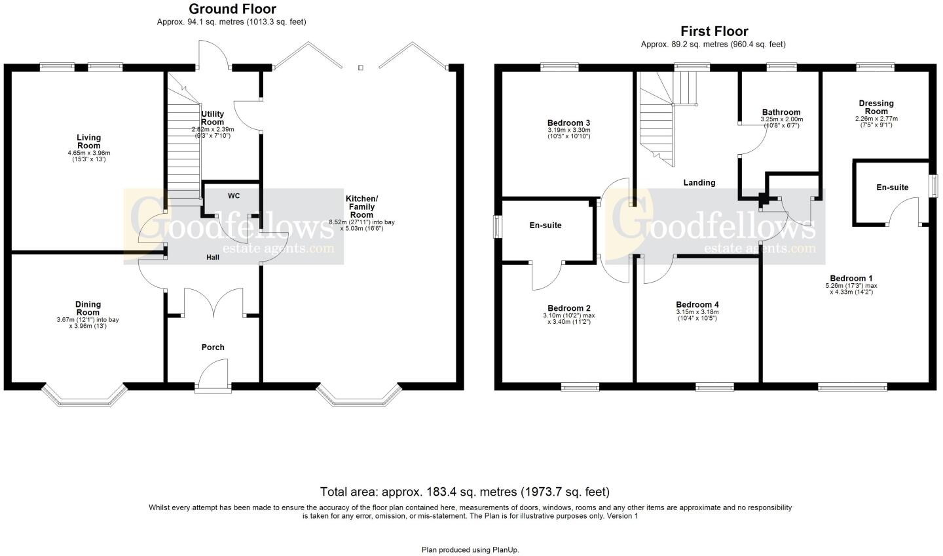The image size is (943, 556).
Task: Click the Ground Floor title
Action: pos(232,9)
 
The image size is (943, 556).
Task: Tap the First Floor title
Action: pos(714,31)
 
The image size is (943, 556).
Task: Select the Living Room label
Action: pos(88,142)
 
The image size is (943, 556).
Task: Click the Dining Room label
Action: pos(88,308)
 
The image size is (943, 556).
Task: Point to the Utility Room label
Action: pos(213,118)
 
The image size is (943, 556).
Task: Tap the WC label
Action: pos(234,196)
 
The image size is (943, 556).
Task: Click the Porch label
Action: pos(212,347)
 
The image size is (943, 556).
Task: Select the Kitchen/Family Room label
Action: pos(361,207)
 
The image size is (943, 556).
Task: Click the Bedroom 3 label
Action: pos(568,123)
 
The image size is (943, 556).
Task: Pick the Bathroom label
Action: pos(781,113)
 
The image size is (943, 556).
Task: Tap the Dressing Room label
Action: pos(876,108)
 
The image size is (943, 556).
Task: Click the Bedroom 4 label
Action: pos(697,305)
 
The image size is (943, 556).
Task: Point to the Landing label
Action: pos(699,183)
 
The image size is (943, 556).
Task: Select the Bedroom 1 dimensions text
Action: pos(851,289)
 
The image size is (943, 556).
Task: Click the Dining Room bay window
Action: pos(84,395)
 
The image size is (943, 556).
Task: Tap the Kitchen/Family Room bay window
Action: pos(358,395)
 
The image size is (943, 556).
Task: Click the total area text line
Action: pos(464,492)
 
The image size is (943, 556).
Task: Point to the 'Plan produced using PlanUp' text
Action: pos(470,549)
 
